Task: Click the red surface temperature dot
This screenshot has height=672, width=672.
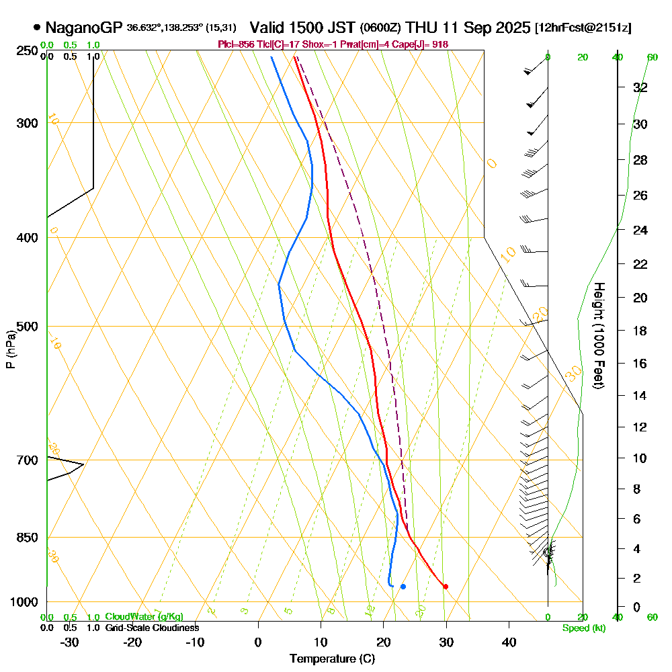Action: click(x=446, y=587)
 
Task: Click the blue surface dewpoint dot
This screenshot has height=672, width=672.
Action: click(x=403, y=587)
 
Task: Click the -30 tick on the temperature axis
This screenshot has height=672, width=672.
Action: click(x=70, y=642)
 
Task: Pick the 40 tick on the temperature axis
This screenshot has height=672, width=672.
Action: click(x=509, y=642)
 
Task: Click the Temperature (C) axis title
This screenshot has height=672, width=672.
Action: click(x=332, y=659)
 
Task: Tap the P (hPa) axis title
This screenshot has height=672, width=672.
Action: click(x=10, y=349)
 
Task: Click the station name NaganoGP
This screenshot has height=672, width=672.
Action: click(x=84, y=28)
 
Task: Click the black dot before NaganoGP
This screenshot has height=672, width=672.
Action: click(x=36, y=28)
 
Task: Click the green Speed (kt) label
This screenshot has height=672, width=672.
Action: click(x=583, y=628)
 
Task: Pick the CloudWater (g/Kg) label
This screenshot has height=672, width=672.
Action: click(x=144, y=617)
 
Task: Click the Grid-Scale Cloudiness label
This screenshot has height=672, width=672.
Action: click(x=151, y=628)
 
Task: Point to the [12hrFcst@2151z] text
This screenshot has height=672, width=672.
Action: click(x=583, y=28)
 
